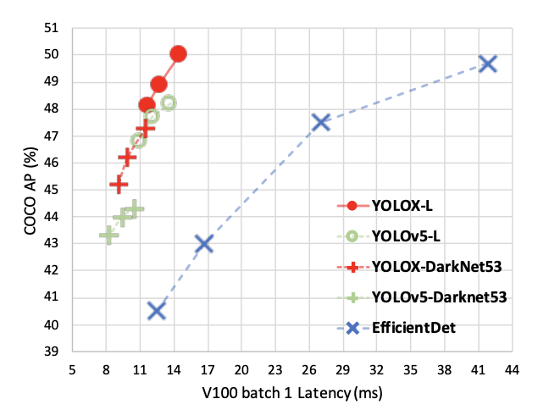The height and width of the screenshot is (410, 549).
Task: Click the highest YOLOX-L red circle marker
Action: tap(178, 53)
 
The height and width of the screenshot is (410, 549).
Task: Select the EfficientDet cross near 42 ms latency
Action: tap(487, 64)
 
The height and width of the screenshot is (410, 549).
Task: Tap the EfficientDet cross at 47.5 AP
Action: tap(320, 122)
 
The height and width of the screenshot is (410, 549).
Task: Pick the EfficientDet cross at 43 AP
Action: tap(203, 244)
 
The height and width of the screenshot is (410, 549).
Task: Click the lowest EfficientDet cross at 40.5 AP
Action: tap(156, 311)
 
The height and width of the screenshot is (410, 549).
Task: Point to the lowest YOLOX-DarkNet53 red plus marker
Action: tap(119, 184)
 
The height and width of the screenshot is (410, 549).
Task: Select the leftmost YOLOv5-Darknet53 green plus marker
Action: tap(108, 235)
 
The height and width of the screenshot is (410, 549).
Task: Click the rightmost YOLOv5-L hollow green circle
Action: tap(168, 102)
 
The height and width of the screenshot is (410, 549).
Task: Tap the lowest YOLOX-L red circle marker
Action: tap(147, 105)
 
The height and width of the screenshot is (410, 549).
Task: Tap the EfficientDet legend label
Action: tap(414, 325)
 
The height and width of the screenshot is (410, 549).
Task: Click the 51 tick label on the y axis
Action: tap(53, 27)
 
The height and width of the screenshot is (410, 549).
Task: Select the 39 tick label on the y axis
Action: tap(53, 352)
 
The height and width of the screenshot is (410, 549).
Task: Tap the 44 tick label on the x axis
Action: tap(512, 369)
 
